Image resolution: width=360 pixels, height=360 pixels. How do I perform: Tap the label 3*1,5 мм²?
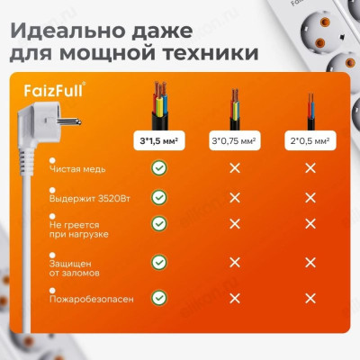pyautogui.click(x=158, y=141)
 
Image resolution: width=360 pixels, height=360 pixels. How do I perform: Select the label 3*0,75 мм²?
pyautogui.click(x=234, y=141)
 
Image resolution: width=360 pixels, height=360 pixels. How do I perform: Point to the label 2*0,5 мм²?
pyautogui.click(x=310, y=141)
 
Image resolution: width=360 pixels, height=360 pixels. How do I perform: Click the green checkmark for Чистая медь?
pyautogui.click(x=158, y=167)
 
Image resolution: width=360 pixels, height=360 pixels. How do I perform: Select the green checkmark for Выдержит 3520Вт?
pyautogui.click(x=158, y=196)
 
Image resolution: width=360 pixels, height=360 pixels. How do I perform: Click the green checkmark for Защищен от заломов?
pyautogui.click(x=158, y=262)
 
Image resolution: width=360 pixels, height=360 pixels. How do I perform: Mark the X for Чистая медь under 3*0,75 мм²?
pyautogui.click(x=234, y=167)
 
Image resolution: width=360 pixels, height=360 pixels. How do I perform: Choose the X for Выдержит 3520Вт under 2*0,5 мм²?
pyautogui.click(x=310, y=196)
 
